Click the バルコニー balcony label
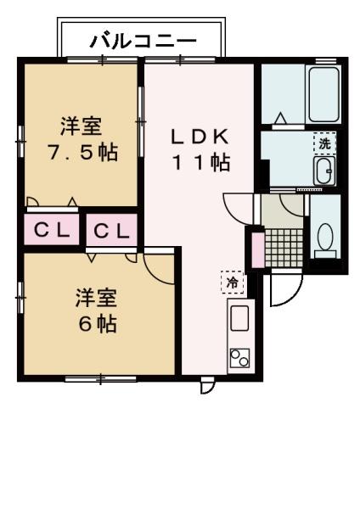point(143,40)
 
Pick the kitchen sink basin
point(239,320)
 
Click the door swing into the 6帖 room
point(159,265)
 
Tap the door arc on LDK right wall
point(238,206)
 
